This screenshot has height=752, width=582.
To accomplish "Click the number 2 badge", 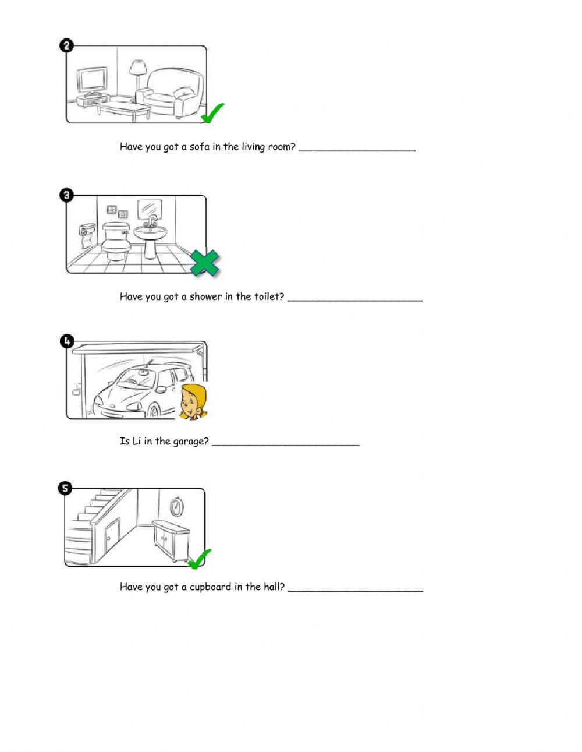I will tap(67, 45).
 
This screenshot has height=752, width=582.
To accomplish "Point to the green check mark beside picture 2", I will tap(212, 113).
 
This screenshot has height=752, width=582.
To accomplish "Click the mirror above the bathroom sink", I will tap(149, 210).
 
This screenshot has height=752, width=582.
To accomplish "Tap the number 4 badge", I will tap(67, 341).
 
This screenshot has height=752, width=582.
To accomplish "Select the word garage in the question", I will tap(190, 442).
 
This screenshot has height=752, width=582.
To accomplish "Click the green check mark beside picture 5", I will tap(200, 559).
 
